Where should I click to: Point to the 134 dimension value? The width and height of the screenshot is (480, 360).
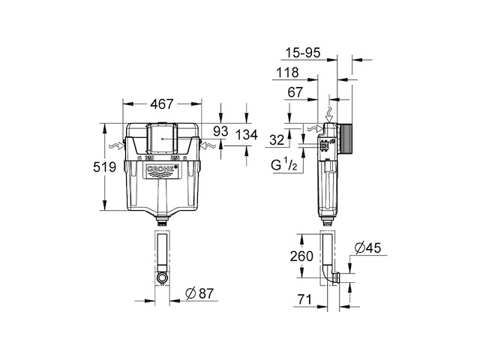coord(247,135)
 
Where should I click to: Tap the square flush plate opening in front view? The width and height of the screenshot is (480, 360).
coord(163,137)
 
